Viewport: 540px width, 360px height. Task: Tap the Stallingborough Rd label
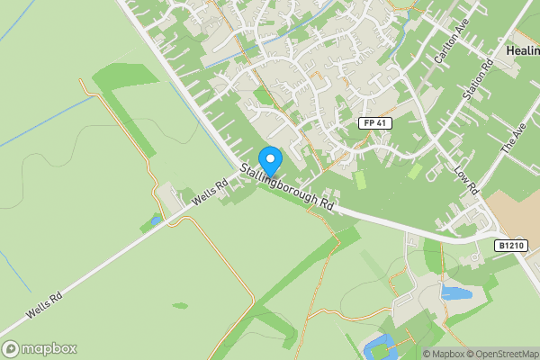pyautogui.click(x=287, y=187)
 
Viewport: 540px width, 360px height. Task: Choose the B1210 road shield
pyautogui.click(x=509, y=245)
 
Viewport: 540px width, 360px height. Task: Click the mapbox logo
pyautogui.click(x=40, y=348)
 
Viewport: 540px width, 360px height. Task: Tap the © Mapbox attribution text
pyautogui.click(x=443, y=354)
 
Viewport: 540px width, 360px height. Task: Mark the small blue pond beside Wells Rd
pyautogui.click(x=156, y=220)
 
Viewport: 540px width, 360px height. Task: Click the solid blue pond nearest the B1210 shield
pyautogui.click(x=455, y=293)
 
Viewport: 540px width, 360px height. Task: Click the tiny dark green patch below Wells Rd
pyautogui.click(x=180, y=305)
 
